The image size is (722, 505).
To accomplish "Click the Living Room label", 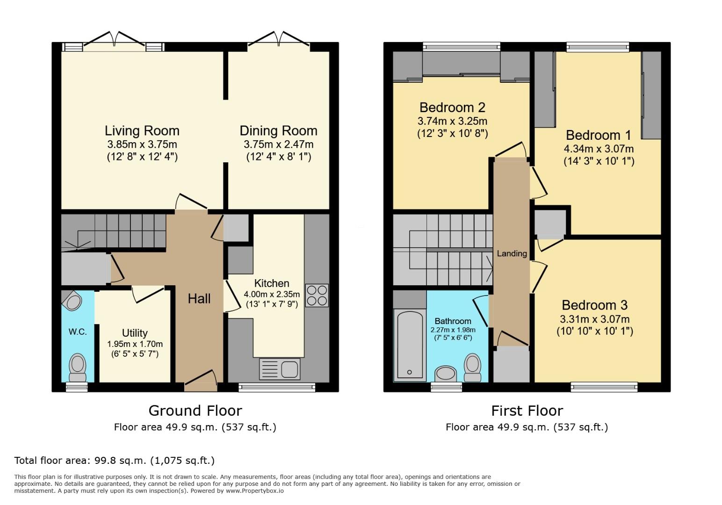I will pyautogui.click(x=142, y=130).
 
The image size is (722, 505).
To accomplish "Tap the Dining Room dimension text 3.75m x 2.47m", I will pyautogui.click(x=278, y=144).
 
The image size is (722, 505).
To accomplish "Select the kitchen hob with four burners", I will pyautogui.click(x=317, y=295).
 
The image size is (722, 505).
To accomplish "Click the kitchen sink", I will pyautogui.click(x=280, y=369).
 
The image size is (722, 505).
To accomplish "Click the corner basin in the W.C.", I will pyautogui.click(x=72, y=302).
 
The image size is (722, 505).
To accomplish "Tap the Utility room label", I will pyautogui.click(x=135, y=333).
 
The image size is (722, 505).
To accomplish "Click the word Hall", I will pyautogui.click(x=199, y=299).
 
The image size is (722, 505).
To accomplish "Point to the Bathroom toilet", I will pyautogui.click(x=473, y=368).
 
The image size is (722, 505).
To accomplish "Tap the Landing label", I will pyautogui.click(x=512, y=253).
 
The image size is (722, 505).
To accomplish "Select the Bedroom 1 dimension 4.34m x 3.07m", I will pyautogui.click(x=599, y=149).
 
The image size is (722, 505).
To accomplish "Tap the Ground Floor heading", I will pyautogui.click(x=195, y=411).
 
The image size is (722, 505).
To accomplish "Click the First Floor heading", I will pyautogui.click(x=527, y=411).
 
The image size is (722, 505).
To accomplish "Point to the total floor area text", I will pyautogui.click(x=115, y=460).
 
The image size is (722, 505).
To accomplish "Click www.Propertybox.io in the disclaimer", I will pyautogui.click(x=255, y=491).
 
